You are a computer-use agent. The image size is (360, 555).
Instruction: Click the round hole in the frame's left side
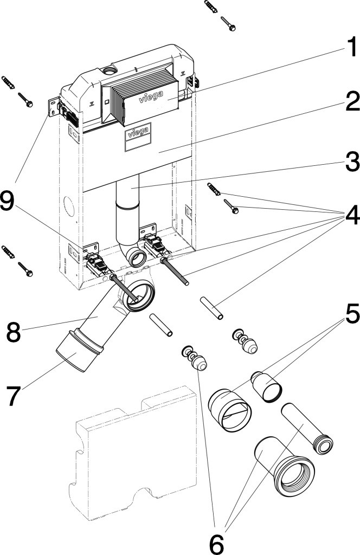pos(69,206)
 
